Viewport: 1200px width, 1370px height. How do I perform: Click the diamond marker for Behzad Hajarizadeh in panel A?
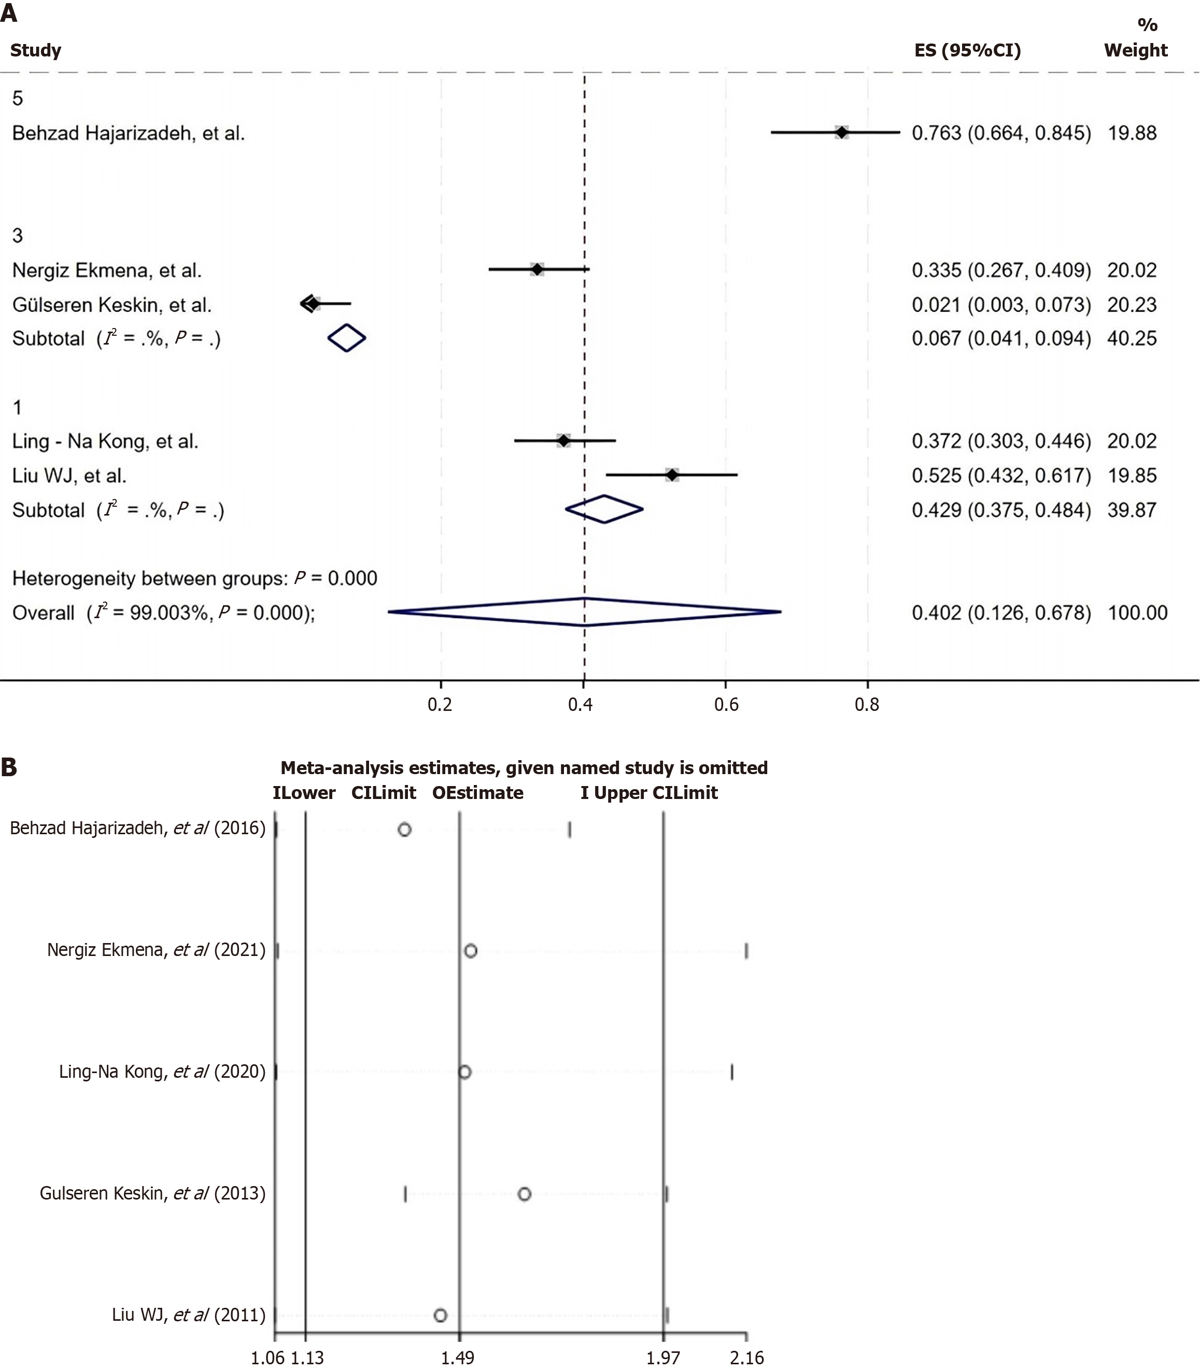click(841, 133)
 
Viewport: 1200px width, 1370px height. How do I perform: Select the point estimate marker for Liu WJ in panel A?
click(672, 475)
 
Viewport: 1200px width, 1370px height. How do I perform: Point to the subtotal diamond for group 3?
click(347, 338)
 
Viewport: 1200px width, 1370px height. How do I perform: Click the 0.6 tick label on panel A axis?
click(726, 705)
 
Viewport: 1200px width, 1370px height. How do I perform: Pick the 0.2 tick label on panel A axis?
click(440, 705)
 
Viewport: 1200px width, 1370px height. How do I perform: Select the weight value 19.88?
click(1132, 133)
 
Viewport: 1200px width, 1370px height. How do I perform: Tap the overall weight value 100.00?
click(1137, 612)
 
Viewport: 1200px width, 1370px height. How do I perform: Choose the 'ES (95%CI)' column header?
click(968, 50)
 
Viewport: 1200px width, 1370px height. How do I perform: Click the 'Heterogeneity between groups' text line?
click(194, 578)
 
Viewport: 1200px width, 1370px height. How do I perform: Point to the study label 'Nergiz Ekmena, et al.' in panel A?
click(106, 270)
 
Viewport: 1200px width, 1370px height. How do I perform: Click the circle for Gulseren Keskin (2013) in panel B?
click(525, 1194)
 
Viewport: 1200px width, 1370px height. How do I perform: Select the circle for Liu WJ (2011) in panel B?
click(440, 1315)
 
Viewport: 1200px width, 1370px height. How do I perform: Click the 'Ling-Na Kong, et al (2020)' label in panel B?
click(162, 1072)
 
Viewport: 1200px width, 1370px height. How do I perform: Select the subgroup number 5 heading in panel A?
click(18, 98)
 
